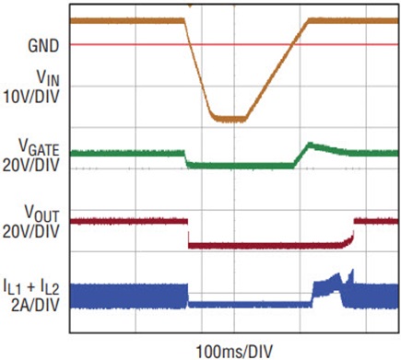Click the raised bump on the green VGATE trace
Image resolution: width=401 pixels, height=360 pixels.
click(313, 146)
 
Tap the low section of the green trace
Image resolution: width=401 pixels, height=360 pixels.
click(240, 165)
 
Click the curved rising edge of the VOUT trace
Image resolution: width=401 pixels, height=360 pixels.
click(349, 237)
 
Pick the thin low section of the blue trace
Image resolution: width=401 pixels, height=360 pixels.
click(249, 303)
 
